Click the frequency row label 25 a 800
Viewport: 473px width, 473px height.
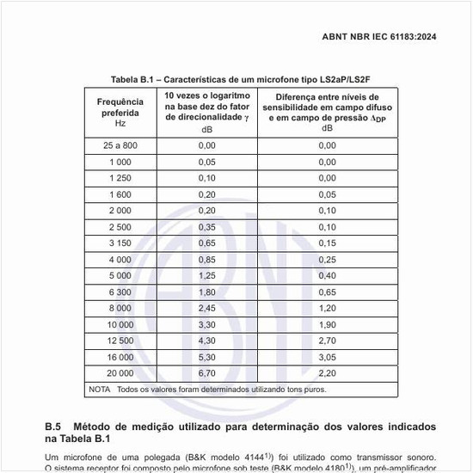coord(120,145)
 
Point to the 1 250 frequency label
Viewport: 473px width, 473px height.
coord(120,177)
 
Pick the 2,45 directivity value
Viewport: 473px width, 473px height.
coord(206,307)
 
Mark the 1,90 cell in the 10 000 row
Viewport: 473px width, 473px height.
coord(327,323)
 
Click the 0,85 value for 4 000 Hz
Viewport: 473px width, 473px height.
coord(206,258)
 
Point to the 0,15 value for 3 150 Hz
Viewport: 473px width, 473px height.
coord(327,243)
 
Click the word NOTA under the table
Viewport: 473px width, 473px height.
coord(101,390)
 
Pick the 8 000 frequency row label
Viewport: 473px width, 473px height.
coord(120,307)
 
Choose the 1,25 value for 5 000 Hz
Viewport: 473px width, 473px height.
coord(206,274)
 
